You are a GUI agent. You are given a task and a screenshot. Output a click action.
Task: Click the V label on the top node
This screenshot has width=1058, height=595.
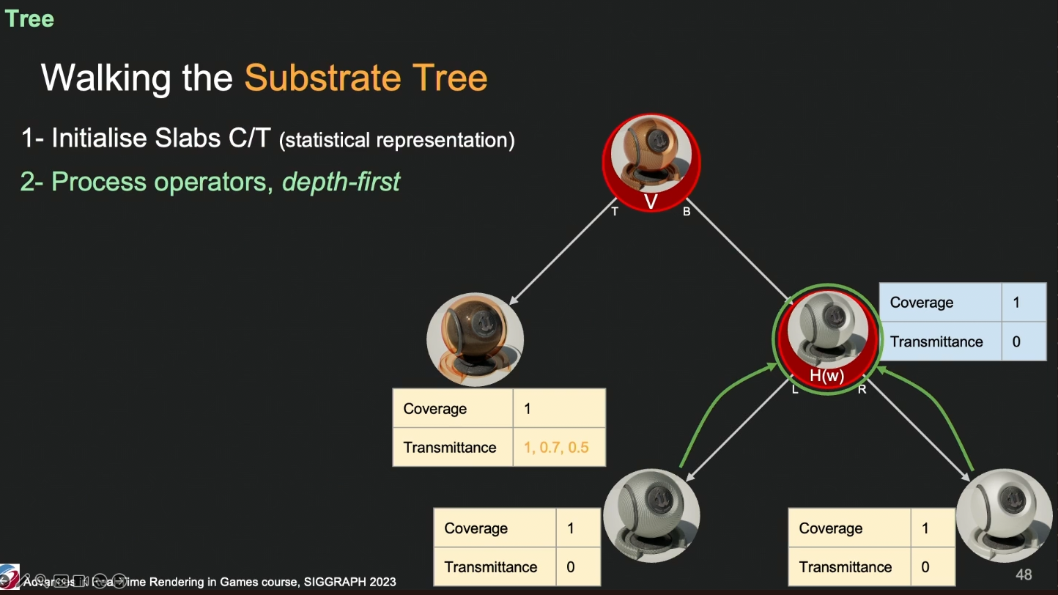[x=650, y=202]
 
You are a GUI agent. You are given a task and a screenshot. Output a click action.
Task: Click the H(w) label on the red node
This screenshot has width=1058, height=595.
[x=826, y=376]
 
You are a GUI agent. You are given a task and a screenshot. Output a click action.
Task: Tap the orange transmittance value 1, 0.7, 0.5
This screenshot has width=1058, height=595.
[x=556, y=447]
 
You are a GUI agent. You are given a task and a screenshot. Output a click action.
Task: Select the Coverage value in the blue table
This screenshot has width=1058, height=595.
[x=1016, y=303]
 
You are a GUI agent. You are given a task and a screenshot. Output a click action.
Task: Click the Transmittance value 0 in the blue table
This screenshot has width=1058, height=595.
[x=1016, y=341]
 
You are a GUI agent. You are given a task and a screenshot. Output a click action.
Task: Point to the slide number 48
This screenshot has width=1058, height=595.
[x=1024, y=574]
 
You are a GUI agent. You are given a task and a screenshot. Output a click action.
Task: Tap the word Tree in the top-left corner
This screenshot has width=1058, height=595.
[x=29, y=19]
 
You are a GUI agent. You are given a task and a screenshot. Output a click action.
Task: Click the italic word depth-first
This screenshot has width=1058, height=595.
[x=341, y=181]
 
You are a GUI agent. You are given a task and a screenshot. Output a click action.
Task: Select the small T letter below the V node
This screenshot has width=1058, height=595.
[x=615, y=212]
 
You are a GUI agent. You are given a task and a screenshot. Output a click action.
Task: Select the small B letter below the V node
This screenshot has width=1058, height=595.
[x=687, y=212]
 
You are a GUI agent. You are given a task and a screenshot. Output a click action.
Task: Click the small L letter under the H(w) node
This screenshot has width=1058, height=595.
[x=795, y=390]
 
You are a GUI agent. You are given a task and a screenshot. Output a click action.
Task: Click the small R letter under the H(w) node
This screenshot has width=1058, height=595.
[x=862, y=390]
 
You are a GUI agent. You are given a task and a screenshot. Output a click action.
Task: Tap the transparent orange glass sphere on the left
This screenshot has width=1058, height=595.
[x=475, y=338]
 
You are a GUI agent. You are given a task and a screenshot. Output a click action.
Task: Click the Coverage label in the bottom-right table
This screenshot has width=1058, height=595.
[x=830, y=528]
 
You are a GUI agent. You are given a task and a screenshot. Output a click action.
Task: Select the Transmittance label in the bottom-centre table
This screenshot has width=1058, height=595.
[x=490, y=567]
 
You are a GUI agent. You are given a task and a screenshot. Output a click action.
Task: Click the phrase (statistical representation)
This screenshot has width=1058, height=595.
[x=396, y=139]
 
